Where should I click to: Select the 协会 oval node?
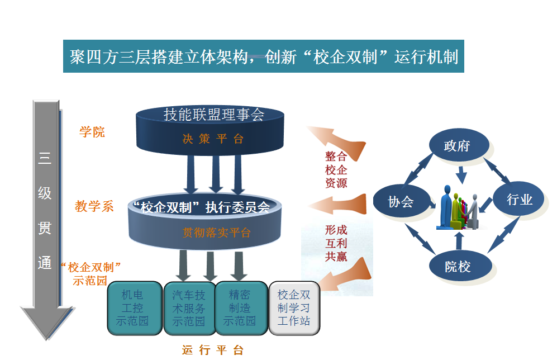pos(401,201)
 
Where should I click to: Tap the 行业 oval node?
pos(518,199)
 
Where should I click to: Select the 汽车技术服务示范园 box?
pos(189,308)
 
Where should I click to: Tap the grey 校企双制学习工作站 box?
pos(294,308)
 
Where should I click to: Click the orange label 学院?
pos(92,132)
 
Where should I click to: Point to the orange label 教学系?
pos(94,206)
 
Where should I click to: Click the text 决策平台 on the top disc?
pos(213,139)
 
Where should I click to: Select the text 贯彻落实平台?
pos(216,233)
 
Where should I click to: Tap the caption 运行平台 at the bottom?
pos(213,350)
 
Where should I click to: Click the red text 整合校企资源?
pos(336,169)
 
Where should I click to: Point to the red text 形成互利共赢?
pos(336,243)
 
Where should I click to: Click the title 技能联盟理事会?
pos(214,115)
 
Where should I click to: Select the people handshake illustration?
pos(459,207)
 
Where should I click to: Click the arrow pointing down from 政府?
pos(461,175)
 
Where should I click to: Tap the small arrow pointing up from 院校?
pos(459,240)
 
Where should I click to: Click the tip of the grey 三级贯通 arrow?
pos(46,339)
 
